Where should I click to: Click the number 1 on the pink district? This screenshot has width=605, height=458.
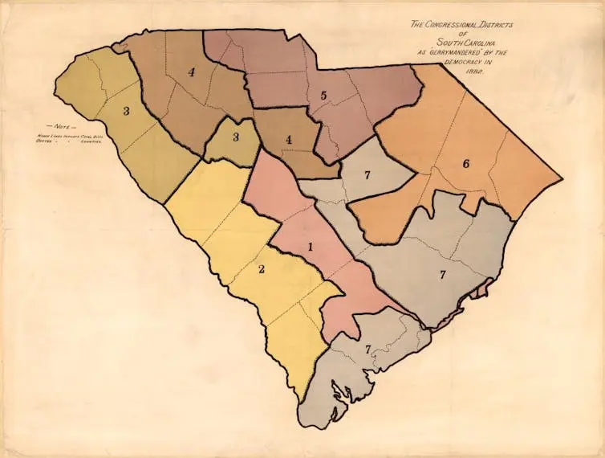click(x=310, y=247)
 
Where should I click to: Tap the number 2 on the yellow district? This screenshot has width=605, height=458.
click(x=262, y=268)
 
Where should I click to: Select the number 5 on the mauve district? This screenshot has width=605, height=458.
click(x=323, y=96)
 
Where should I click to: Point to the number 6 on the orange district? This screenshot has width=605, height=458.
click(x=465, y=164)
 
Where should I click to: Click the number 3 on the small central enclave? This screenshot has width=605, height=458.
click(x=235, y=137)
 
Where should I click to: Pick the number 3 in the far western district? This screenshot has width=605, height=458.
click(x=125, y=112)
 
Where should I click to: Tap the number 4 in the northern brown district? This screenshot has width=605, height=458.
click(x=191, y=72)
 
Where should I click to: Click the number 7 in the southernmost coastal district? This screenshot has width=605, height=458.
click(x=368, y=350)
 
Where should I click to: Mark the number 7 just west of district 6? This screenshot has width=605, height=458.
click(x=367, y=175)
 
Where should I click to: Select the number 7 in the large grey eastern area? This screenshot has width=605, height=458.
click(x=442, y=275)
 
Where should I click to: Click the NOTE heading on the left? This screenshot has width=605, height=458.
click(x=61, y=126)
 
